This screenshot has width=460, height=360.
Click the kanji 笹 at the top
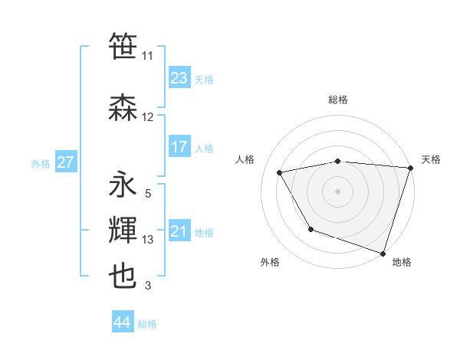coord(123,47)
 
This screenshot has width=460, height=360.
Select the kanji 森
coord(123,107)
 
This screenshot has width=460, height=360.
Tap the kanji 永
coord(123,185)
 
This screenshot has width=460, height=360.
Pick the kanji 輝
coord(123,230)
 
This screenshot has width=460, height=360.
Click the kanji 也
coord(123,276)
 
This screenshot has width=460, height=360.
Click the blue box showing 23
coord(179,77)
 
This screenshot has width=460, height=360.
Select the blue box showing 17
coord(179,146)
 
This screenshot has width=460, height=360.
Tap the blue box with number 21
coord(179,231)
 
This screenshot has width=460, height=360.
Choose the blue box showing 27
coord(66,162)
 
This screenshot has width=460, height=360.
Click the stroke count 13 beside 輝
coord(148,240)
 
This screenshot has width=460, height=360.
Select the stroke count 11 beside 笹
coord(148,56)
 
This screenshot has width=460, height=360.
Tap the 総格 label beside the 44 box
coord(147,324)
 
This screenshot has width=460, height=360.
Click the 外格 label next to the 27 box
coord(41,164)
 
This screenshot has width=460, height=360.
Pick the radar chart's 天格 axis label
coord(431,159)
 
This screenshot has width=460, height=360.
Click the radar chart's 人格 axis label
coord(245,159)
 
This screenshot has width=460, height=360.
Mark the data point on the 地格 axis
coord(383,253)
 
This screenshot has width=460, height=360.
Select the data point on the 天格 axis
coord(411,167)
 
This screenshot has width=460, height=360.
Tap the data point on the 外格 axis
coord(310,228)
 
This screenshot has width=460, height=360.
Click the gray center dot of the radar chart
coord(338,191)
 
